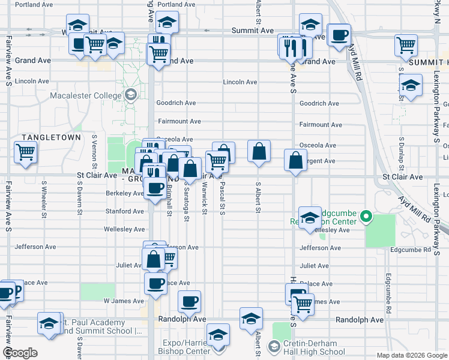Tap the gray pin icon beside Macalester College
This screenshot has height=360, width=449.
130,95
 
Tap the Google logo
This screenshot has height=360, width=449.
20,353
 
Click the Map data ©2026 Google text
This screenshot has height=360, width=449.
411,355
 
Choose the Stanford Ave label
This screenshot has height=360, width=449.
124,211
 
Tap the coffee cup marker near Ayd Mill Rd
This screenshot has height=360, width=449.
339,35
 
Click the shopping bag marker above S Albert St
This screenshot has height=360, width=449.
259,152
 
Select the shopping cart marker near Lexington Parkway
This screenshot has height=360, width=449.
406,45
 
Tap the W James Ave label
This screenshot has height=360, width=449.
123,301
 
